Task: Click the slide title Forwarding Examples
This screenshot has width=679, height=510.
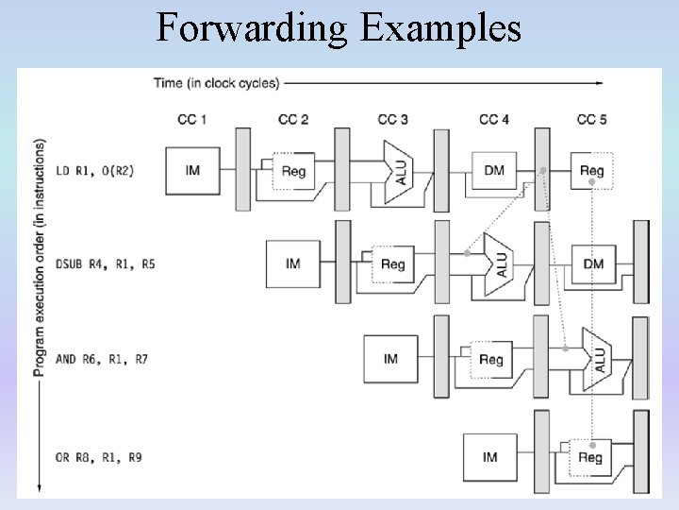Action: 339,28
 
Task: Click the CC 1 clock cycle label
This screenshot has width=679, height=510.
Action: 192,120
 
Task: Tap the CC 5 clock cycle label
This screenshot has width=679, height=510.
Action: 591,120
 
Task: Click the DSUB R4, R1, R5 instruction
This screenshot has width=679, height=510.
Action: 105,264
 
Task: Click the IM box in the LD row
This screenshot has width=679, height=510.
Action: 192,171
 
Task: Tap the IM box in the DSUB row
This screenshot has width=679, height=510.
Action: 293,263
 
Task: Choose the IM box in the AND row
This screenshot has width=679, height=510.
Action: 391,359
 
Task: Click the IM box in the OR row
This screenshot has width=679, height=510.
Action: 490,457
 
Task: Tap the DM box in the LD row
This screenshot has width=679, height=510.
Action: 494,171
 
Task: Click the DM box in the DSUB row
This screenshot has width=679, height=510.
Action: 593,263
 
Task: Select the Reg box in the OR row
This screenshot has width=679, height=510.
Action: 589,457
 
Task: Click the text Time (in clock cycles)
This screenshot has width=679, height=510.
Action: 216,83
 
